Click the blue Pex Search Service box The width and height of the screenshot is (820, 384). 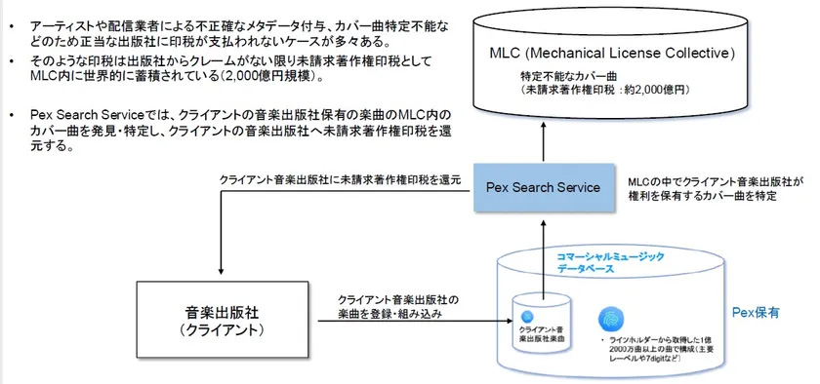tap(543, 186)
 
